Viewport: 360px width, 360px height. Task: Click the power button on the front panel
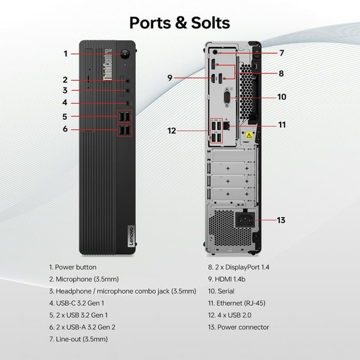(x=125, y=54)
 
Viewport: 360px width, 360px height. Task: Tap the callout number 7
(x=282, y=53)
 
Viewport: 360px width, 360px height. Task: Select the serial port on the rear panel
(x=227, y=97)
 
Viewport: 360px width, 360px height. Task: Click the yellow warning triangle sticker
(x=249, y=135)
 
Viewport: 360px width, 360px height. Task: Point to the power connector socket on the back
(x=245, y=220)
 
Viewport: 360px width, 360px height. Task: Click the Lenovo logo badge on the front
(x=131, y=236)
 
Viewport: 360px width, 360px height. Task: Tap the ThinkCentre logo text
(x=108, y=65)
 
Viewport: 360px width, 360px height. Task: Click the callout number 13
(x=281, y=220)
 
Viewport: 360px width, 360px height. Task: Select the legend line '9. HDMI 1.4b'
(x=226, y=279)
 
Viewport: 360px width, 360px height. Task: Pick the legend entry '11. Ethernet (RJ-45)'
(x=236, y=304)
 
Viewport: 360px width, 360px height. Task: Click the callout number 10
(x=282, y=97)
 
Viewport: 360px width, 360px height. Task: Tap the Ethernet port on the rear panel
(x=226, y=125)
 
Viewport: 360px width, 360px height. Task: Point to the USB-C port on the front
(x=128, y=103)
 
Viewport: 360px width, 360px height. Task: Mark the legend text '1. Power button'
(x=73, y=267)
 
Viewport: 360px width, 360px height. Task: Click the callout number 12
(x=172, y=131)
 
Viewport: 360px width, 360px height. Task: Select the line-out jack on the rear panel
(x=215, y=52)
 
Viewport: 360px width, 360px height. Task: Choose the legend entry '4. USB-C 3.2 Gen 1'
(x=76, y=304)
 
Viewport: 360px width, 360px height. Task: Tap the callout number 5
(x=65, y=116)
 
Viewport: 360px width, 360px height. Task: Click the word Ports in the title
(x=150, y=23)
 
